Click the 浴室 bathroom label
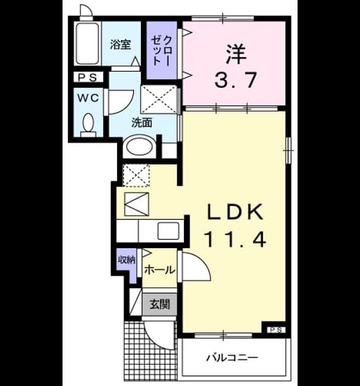pyautogui.click(x=120, y=45)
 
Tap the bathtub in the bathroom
pyautogui.click(x=88, y=44)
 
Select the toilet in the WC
pyautogui.click(x=88, y=125)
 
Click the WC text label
pyautogui.click(x=88, y=98)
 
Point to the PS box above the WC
pyautogui.click(x=88, y=77)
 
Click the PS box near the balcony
pyautogui.click(x=276, y=330)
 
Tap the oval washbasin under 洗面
pyautogui.click(x=139, y=147)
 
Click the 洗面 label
pyautogui.click(x=142, y=123)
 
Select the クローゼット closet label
pyautogui.click(x=161, y=51)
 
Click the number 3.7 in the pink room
pyautogui.click(x=236, y=80)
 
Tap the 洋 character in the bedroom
pyautogui.click(x=236, y=54)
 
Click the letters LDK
pyautogui.click(x=236, y=212)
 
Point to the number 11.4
pyautogui.click(x=236, y=240)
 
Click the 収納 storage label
pyautogui.click(x=126, y=260)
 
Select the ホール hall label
pyautogui.click(x=159, y=270)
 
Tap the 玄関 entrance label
pyautogui.click(x=159, y=305)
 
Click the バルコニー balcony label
pyautogui.click(x=232, y=357)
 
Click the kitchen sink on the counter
pyautogui.click(x=169, y=231)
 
